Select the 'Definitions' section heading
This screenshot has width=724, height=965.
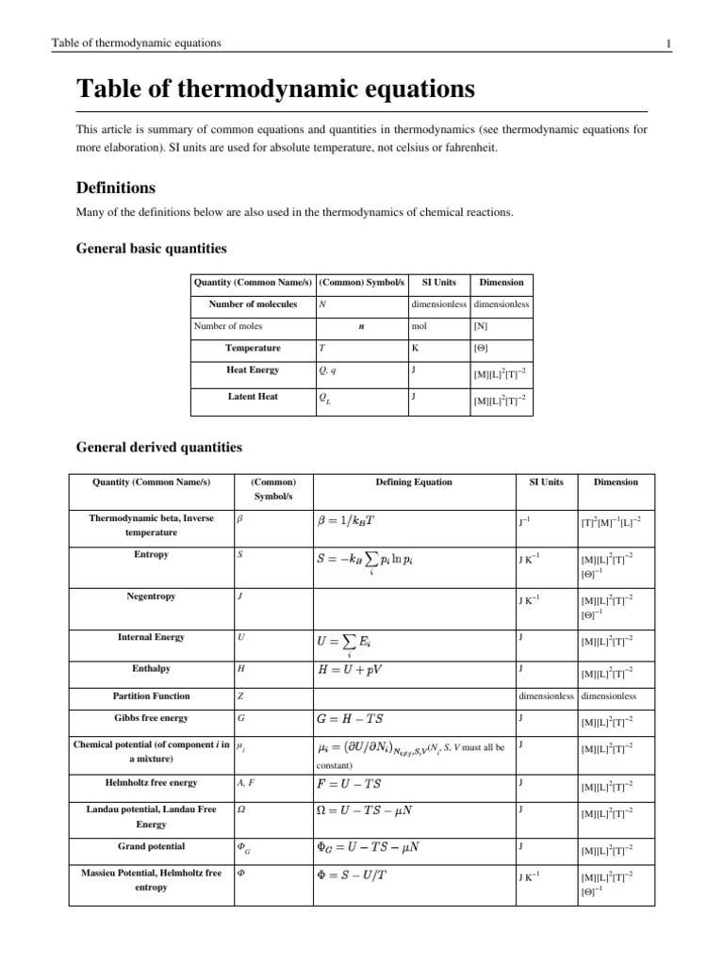(x=115, y=188)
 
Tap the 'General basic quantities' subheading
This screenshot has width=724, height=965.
(x=150, y=249)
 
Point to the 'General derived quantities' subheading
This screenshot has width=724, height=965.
(x=158, y=447)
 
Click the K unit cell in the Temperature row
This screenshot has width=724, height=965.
(x=415, y=348)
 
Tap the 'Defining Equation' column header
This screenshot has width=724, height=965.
(x=413, y=482)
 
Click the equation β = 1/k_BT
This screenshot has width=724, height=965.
(x=351, y=518)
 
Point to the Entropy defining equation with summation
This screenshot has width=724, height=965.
(x=373, y=560)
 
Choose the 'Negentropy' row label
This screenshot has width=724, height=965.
(x=151, y=597)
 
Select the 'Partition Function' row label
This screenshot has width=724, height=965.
(x=151, y=695)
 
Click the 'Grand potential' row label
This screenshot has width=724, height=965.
(x=151, y=845)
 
